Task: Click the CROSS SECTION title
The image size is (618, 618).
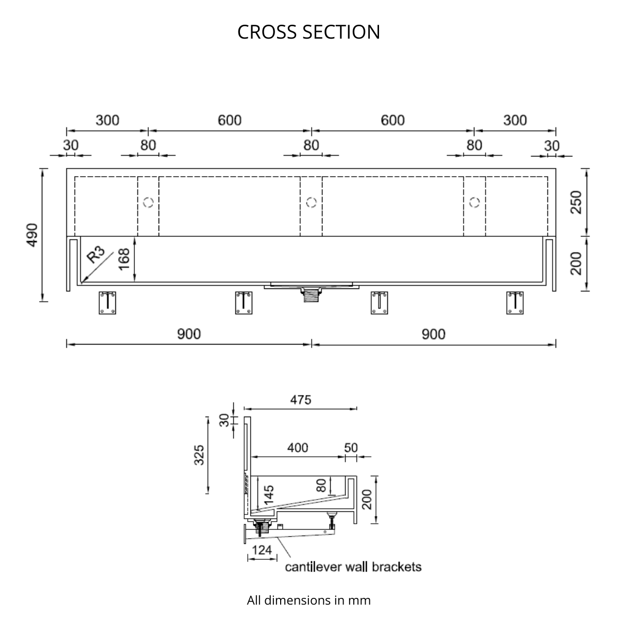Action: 308,32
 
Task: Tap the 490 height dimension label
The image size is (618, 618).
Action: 32,234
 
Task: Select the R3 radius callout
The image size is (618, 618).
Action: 95,255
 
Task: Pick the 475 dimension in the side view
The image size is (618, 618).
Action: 300,400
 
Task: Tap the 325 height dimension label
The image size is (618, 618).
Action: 199,455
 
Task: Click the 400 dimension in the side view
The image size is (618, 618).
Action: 298,448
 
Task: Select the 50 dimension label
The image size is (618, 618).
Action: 351,448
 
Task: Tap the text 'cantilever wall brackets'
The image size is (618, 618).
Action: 353,567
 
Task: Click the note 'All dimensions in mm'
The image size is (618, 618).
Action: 308,600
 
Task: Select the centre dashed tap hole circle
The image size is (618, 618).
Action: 311,202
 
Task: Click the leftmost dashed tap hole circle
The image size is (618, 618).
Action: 148,202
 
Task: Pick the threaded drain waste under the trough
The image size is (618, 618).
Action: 311,294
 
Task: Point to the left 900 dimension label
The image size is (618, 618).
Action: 189,334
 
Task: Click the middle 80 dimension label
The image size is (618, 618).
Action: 311,145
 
